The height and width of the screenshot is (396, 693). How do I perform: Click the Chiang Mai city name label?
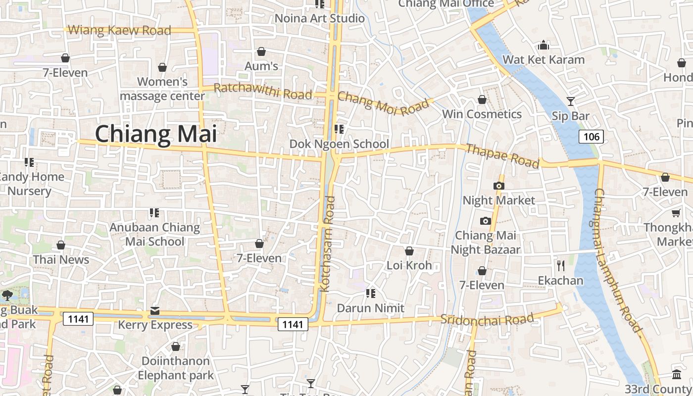pos(156,134)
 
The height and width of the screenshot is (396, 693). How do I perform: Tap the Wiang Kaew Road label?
pos(119,30)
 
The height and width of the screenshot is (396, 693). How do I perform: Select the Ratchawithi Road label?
pos(263,91)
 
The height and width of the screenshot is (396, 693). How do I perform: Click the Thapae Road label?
pos(502,156)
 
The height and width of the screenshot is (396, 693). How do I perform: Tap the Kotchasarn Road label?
pos(328,244)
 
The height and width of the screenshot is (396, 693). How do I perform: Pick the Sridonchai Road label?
pos(488,319)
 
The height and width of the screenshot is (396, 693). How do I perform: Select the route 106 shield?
pos(592,137)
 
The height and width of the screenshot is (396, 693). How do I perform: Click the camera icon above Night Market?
pos(499,186)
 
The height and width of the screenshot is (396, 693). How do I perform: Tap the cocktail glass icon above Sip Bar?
pos(571,101)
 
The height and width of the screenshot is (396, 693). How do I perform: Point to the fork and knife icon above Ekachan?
pos(560,266)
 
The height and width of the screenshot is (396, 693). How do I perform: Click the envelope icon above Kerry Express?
pos(155,311)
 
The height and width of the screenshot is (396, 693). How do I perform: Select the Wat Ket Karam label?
pos(544,60)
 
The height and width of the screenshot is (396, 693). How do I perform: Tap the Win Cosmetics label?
pos(482,114)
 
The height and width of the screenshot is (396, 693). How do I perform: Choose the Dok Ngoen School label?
pos(339,144)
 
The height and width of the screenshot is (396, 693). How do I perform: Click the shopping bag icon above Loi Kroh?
pos(409,251)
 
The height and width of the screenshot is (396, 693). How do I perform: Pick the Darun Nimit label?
pos(370,308)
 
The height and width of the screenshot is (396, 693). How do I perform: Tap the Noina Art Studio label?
pos(319,19)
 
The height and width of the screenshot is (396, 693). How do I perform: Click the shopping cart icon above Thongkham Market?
pos(676,213)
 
